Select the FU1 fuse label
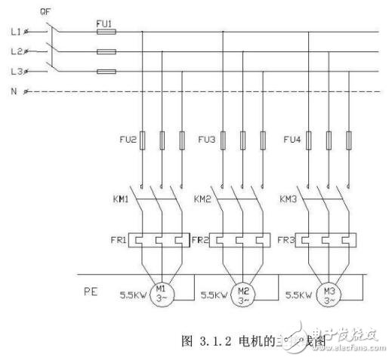pos(105,24)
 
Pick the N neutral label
pos(14,91)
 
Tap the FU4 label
pos(292,140)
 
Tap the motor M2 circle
pos(243,292)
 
